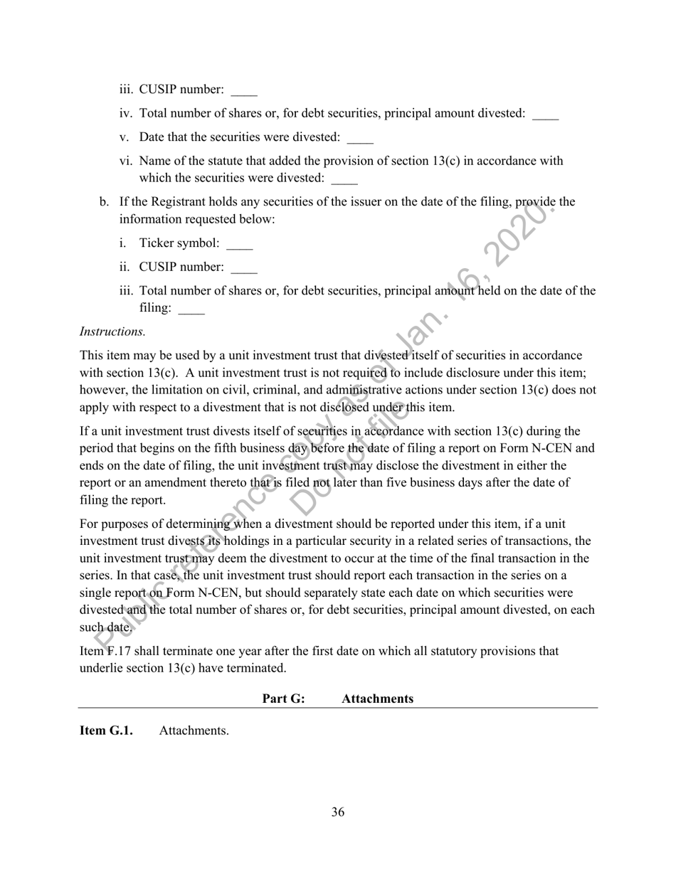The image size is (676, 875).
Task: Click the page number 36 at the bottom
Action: [338, 812]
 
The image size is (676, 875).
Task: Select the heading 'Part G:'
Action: [284, 699]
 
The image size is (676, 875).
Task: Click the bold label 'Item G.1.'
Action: [106, 731]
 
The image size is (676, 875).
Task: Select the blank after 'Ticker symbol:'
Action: [239, 245]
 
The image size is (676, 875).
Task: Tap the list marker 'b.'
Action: [105, 202]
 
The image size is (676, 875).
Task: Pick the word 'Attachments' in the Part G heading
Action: [377, 699]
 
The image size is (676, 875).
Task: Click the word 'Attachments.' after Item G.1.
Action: [194, 731]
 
